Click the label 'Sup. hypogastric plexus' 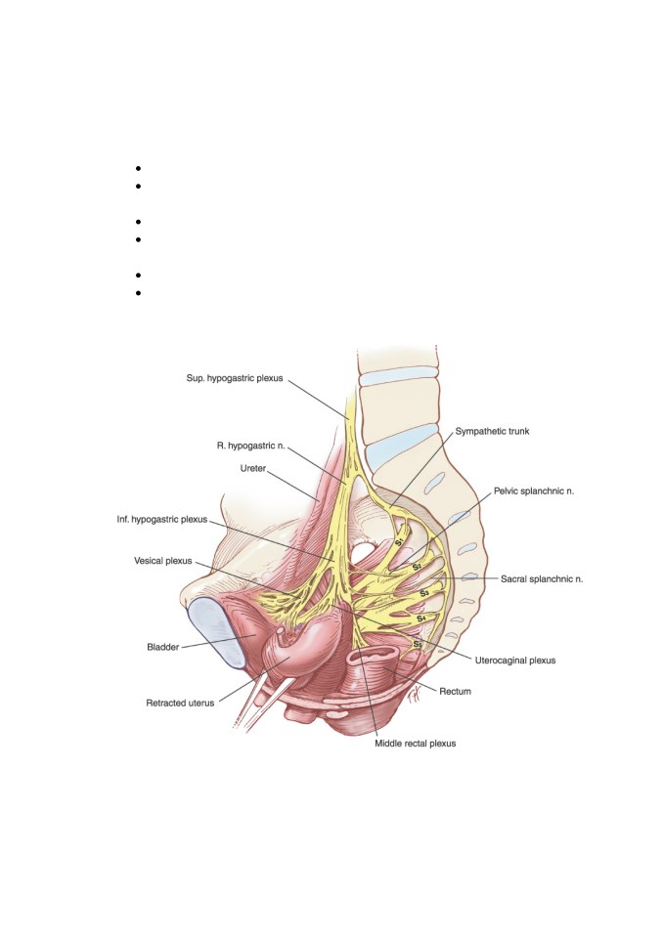click(234, 379)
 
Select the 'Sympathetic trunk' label click(492, 431)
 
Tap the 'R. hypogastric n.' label click(251, 446)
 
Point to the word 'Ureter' click(252, 468)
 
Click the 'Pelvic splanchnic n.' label click(534, 491)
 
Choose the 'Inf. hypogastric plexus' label click(161, 519)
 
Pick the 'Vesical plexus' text click(163, 561)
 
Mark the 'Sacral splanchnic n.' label click(542, 579)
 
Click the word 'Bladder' click(163, 647)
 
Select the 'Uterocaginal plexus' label click(515, 661)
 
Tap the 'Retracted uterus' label click(180, 703)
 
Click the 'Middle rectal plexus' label click(415, 744)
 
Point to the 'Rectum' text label click(455, 692)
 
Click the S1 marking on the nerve click(400, 542)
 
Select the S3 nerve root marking click(424, 593)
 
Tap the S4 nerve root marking click(421, 618)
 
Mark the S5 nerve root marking click(418, 644)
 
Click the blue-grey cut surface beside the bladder click(215, 633)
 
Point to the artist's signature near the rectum click(415, 697)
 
